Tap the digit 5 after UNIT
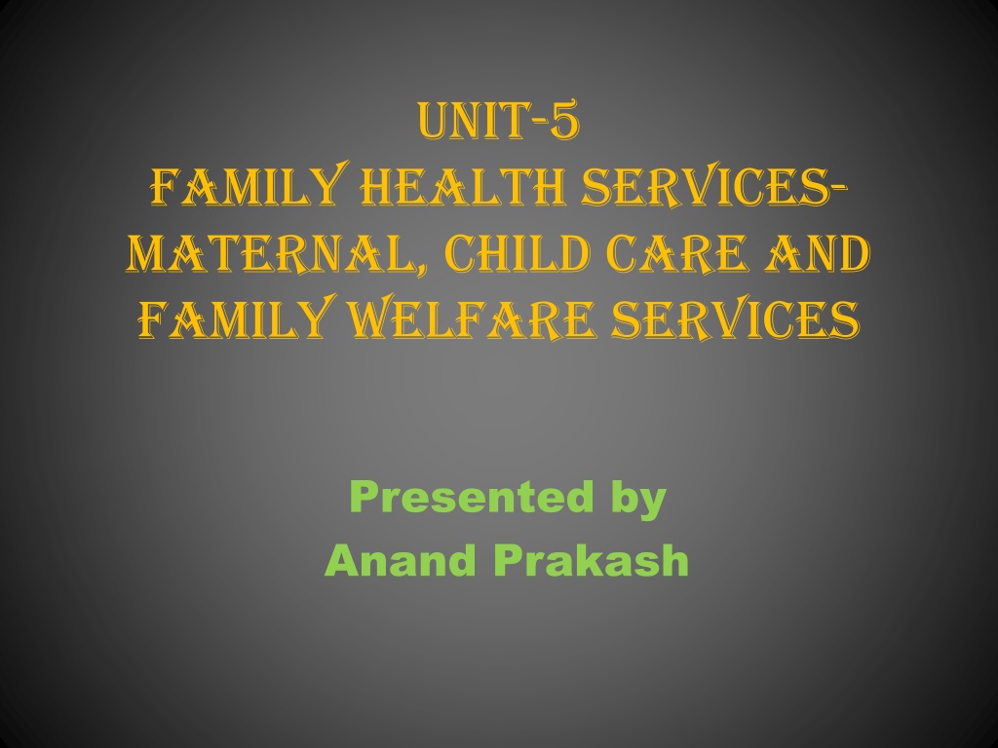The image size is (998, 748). click(x=565, y=120)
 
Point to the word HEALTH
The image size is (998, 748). click(x=463, y=187)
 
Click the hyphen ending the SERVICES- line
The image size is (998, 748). click(x=838, y=186)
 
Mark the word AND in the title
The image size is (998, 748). click(x=818, y=254)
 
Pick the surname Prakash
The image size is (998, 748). click(x=592, y=560)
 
